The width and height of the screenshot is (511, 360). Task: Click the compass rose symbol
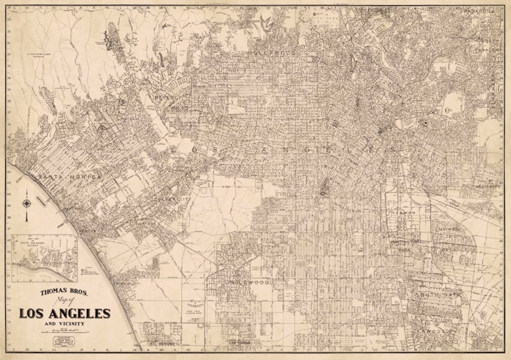pyautogui.click(x=26, y=204)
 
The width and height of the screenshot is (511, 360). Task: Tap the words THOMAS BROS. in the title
pyautogui.click(x=64, y=293)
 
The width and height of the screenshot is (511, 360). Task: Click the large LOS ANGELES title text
pyautogui.click(x=64, y=313)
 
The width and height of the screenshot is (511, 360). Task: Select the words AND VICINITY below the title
pyautogui.click(x=64, y=323)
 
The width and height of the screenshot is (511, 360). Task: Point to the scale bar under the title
pyautogui.click(x=64, y=331)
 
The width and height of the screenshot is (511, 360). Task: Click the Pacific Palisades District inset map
pyautogui.click(x=44, y=258)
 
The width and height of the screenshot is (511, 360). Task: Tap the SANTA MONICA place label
pyautogui.click(x=69, y=178)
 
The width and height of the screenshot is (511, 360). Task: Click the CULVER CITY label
pyautogui.click(x=173, y=199)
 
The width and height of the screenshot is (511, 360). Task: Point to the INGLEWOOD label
pyautogui.click(x=249, y=282)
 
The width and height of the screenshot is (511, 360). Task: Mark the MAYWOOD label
pyautogui.click(x=450, y=229)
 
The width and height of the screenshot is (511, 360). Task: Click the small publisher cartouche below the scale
pyautogui.click(x=64, y=341)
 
